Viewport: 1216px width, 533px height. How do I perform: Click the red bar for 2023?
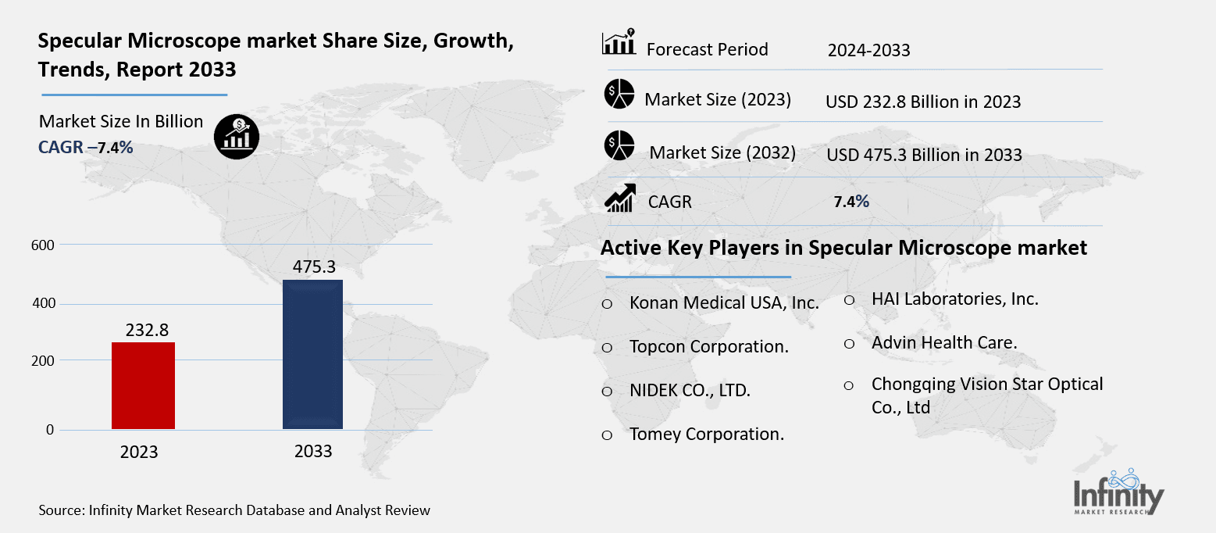tap(143, 385)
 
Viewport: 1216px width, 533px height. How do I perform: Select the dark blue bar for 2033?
tap(312, 354)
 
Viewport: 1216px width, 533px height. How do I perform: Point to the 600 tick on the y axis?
tap(43, 245)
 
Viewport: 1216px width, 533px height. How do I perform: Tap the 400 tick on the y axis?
tap(43, 303)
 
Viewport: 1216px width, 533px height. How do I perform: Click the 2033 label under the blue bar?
tap(313, 451)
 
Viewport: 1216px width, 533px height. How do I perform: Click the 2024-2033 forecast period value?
tap(868, 51)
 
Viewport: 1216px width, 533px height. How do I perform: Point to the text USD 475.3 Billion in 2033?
tap(924, 155)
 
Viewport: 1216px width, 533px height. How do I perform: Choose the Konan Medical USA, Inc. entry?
tap(724, 303)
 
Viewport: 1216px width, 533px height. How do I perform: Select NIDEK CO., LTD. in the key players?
tap(690, 391)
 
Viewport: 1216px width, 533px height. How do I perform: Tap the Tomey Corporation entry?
tap(706, 435)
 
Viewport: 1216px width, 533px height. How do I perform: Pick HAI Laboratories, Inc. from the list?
tap(954, 299)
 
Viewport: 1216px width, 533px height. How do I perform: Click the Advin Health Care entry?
tap(944, 342)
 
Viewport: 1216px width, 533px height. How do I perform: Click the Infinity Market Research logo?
tap(1118, 492)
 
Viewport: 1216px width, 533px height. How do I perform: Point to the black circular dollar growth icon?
tap(237, 136)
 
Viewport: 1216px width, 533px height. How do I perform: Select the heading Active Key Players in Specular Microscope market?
tap(843, 249)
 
